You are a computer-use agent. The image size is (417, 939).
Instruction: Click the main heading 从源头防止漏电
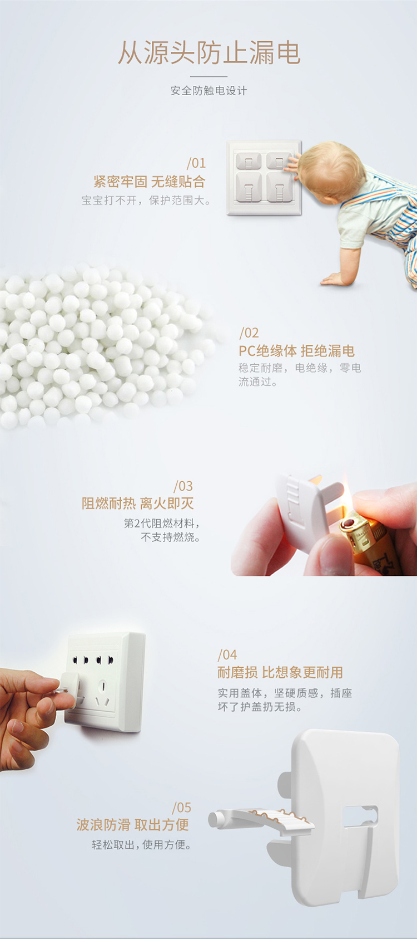point(209,53)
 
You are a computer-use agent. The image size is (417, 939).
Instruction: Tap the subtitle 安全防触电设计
point(209,91)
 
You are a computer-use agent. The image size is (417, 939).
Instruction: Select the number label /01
point(196,163)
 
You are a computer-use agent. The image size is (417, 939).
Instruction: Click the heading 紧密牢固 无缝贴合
point(150,182)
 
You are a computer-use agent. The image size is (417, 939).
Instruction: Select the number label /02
point(249,333)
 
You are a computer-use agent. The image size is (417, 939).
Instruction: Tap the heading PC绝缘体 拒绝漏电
point(296,351)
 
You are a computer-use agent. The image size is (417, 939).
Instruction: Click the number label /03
point(183,486)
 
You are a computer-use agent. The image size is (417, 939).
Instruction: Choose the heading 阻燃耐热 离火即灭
point(138,503)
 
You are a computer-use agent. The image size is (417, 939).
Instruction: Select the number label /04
point(227,654)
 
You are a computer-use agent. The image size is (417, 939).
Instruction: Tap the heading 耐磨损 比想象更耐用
point(280,672)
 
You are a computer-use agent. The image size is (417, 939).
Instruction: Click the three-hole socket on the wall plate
point(103,693)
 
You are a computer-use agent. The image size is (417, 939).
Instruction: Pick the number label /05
point(181,807)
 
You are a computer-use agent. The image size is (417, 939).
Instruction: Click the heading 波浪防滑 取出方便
point(132,825)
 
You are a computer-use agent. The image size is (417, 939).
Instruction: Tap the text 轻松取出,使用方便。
point(142,845)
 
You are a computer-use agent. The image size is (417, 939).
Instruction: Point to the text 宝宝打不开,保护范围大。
point(146,200)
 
